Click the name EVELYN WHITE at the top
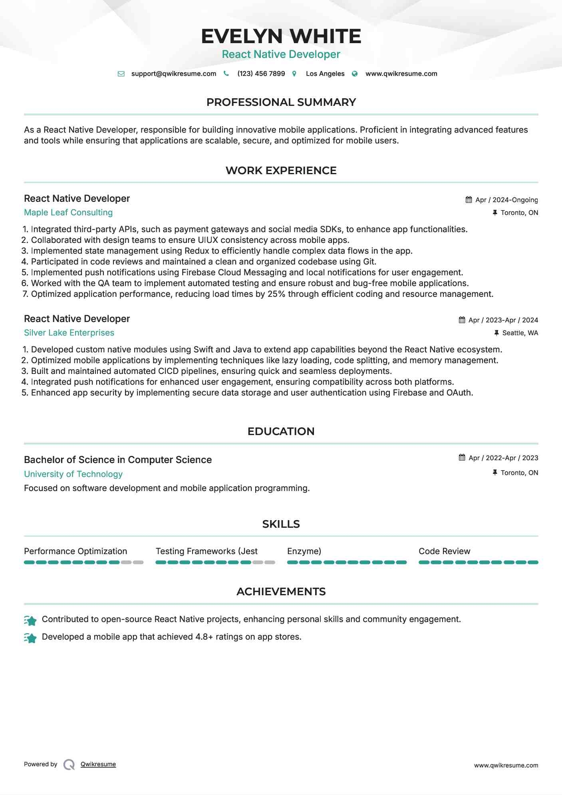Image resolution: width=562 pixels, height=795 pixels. [x=281, y=36]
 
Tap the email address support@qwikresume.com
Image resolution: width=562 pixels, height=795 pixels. [x=173, y=74]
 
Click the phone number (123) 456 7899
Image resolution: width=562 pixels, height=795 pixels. [x=261, y=74]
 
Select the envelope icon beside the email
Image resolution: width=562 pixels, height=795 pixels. [x=121, y=74]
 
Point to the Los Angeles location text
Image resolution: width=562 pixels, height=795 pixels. [x=325, y=74]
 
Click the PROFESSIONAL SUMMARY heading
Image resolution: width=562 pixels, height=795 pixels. [x=281, y=102]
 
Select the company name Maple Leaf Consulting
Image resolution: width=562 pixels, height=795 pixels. [x=68, y=213]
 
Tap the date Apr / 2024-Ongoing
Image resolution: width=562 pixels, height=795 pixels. [x=506, y=200]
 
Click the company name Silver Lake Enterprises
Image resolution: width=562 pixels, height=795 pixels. [x=69, y=333]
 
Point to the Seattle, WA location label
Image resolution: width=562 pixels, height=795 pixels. [x=520, y=333]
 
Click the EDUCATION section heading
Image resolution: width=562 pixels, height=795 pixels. [x=281, y=431]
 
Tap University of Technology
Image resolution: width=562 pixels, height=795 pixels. [x=73, y=474]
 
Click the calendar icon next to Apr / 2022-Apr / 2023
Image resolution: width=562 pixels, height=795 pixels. [x=462, y=457]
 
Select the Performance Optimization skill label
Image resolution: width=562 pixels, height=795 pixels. [x=75, y=551]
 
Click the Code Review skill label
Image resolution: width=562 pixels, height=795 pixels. [x=444, y=551]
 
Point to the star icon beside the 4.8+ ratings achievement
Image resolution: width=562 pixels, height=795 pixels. [x=30, y=638]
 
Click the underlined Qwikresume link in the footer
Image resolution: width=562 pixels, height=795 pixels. [x=98, y=764]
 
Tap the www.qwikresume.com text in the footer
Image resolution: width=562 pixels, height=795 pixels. [x=506, y=765]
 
